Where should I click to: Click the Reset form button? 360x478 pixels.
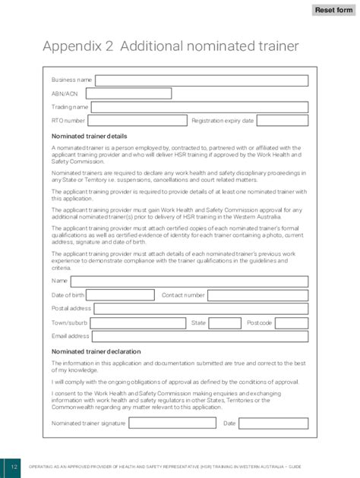[x=334, y=10]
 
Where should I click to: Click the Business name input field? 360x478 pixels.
[x=201, y=80]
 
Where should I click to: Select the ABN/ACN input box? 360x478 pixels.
[x=128, y=94]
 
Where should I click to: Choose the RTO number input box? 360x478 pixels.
[x=137, y=121]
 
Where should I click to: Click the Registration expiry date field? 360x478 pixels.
[x=283, y=121]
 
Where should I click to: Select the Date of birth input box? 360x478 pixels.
[x=120, y=295]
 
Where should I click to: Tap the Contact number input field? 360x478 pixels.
[x=257, y=295]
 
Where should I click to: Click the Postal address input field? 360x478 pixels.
[x=201, y=309]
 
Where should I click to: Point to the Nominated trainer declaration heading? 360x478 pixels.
[x=96, y=352]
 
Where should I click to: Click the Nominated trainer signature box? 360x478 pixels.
[x=172, y=423]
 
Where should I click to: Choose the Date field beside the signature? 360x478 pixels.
[x=274, y=423]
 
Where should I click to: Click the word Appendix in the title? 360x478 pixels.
[x=72, y=47]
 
